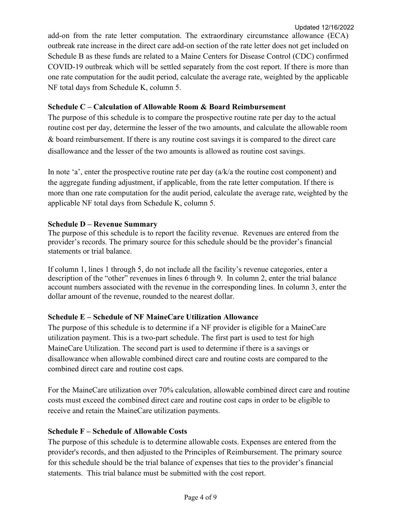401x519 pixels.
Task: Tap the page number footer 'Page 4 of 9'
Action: [x=200, y=497]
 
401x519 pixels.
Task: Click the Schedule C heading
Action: [x=166, y=107]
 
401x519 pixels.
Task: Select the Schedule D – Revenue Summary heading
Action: [x=103, y=224]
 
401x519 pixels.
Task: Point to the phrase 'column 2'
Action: [x=252, y=278]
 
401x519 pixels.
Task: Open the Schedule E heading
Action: [x=153, y=317]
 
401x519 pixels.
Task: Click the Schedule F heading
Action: [x=117, y=431]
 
